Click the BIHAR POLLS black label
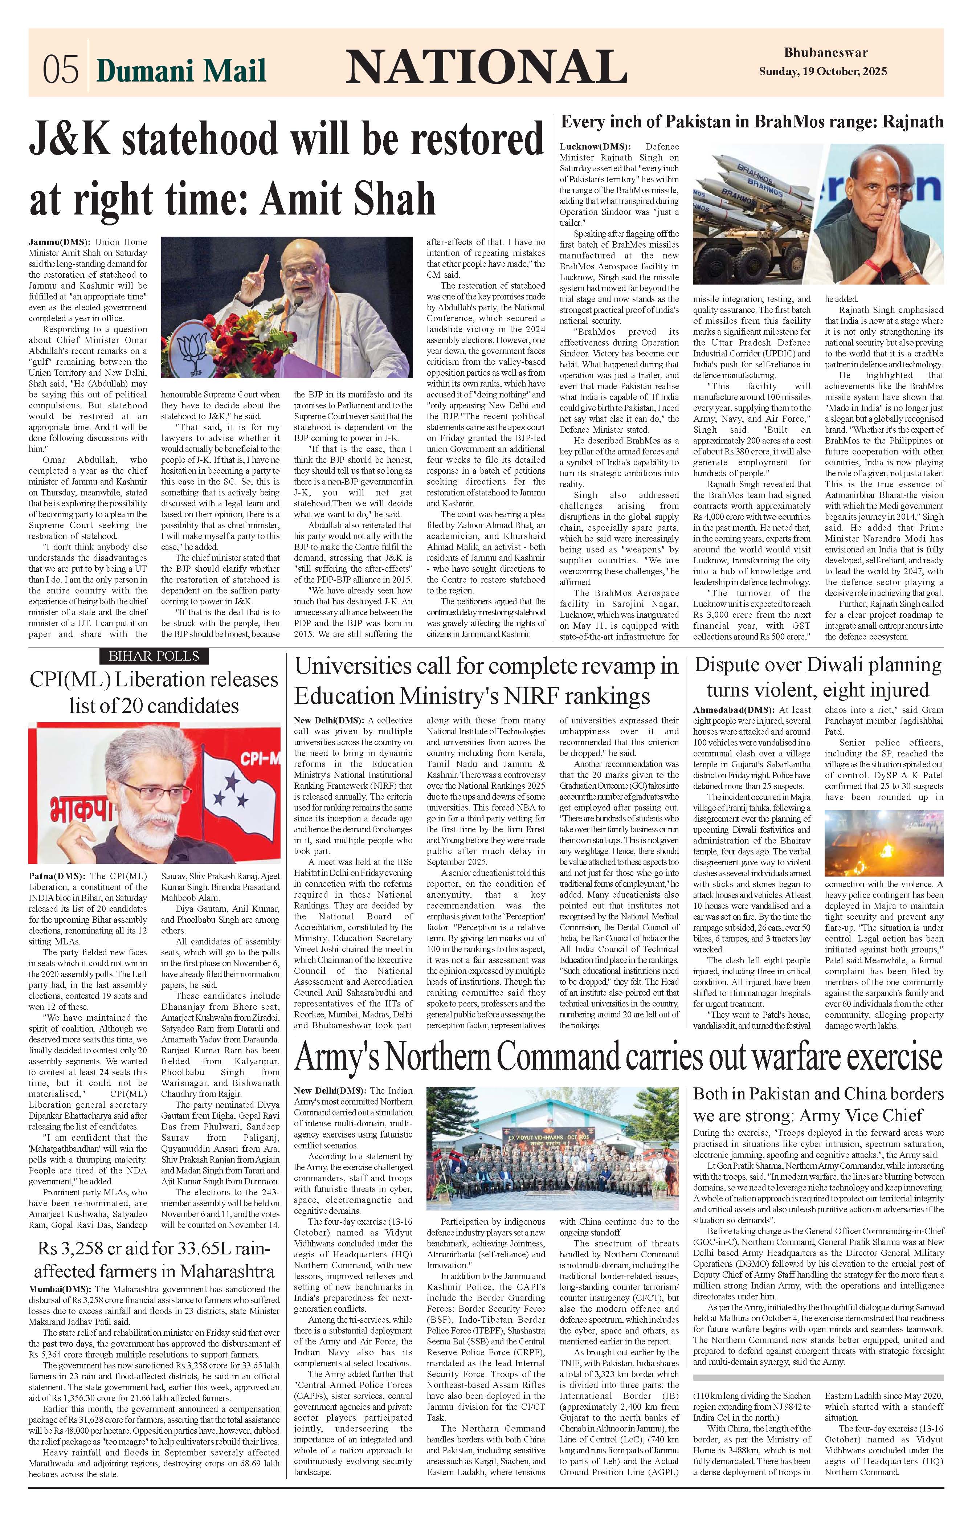[x=154, y=656]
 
